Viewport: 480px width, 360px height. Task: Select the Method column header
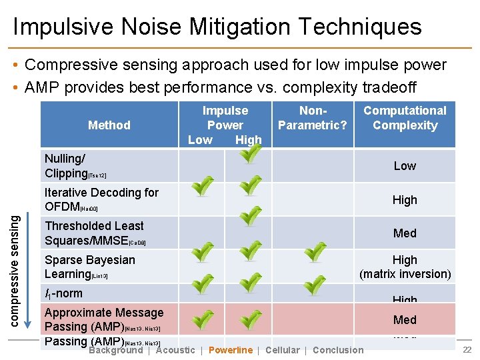coord(109,125)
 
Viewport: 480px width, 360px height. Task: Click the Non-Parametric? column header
coord(312,118)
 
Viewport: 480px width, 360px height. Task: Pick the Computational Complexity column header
coord(405,118)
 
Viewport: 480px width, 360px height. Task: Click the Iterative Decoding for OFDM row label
coord(101,199)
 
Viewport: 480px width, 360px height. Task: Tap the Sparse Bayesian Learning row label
coord(89,267)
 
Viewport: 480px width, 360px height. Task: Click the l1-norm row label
coord(63,293)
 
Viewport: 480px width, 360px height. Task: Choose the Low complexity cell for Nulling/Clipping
coord(405,166)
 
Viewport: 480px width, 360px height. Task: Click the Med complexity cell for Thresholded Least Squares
coord(405,233)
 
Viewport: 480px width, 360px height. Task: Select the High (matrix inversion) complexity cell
coord(405,267)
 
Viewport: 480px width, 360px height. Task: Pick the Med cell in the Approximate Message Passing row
coord(405,320)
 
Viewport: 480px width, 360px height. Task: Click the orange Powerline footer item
coord(231,350)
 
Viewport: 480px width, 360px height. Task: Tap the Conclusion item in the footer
coord(338,350)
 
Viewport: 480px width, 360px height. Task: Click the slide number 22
coord(467,351)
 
